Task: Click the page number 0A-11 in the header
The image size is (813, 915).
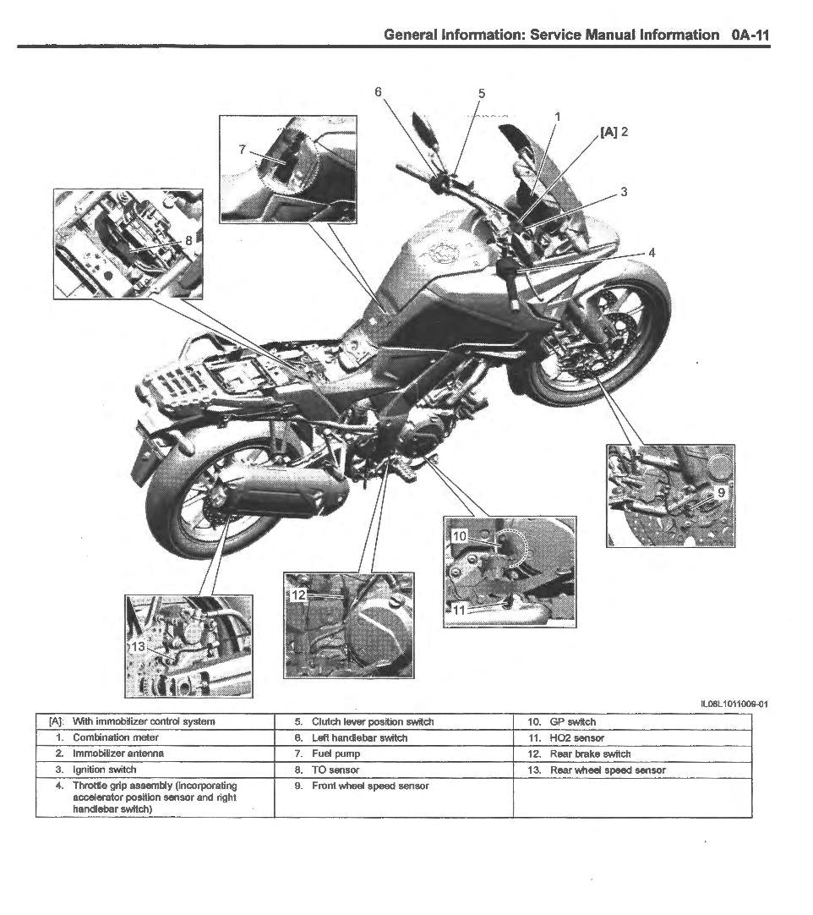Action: (x=750, y=35)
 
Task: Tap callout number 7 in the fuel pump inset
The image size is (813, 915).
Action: (x=243, y=150)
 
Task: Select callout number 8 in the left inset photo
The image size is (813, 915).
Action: (x=188, y=240)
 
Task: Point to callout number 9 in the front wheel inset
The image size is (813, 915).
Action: (x=721, y=492)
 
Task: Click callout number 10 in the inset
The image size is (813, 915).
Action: (x=459, y=536)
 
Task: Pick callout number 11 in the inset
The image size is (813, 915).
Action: (x=459, y=609)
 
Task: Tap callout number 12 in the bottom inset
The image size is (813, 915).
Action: (x=297, y=595)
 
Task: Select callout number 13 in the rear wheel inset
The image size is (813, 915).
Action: (x=139, y=646)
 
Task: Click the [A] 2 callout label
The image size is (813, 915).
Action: (x=614, y=132)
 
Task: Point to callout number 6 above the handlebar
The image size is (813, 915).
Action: (x=378, y=91)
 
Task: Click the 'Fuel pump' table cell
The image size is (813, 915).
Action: (x=336, y=753)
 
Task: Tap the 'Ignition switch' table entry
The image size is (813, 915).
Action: (x=104, y=770)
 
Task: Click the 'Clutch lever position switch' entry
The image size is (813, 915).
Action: (x=372, y=722)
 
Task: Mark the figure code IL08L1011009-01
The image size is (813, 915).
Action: (x=734, y=704)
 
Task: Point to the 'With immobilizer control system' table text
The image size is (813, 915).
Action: (x=144, y=722)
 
